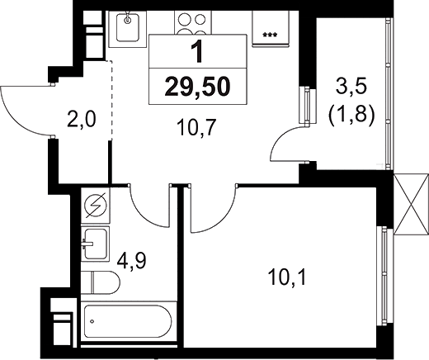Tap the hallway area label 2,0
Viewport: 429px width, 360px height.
click(x=82, y=121)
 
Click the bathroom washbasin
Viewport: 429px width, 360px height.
click(x=98, y=244)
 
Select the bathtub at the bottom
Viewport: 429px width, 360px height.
click(x=124, y=320)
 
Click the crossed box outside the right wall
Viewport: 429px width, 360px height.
click(x=408, y=206)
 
